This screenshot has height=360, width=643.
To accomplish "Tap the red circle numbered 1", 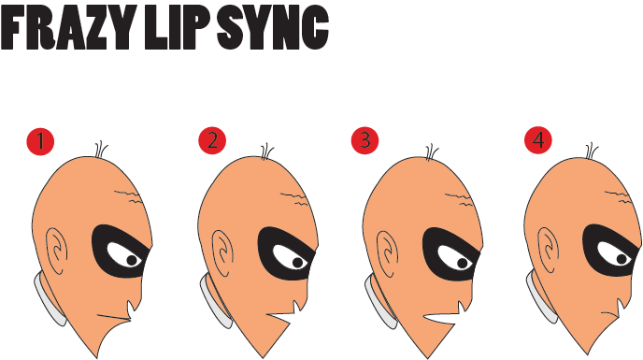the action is [41, 141].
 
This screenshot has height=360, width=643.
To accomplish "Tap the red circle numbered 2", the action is [212, 141].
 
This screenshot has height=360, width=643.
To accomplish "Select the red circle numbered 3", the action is [365, 141].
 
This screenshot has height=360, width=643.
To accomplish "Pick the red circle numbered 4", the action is [537, 141].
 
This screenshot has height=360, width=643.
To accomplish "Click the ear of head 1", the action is [59, 251].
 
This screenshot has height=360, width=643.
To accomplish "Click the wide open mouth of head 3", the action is [448, 319].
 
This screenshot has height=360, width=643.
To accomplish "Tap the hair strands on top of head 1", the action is [101, 150].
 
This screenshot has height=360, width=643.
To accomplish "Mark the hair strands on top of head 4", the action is [591, 151].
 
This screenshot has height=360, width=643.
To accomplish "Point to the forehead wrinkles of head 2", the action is [296, 197].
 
